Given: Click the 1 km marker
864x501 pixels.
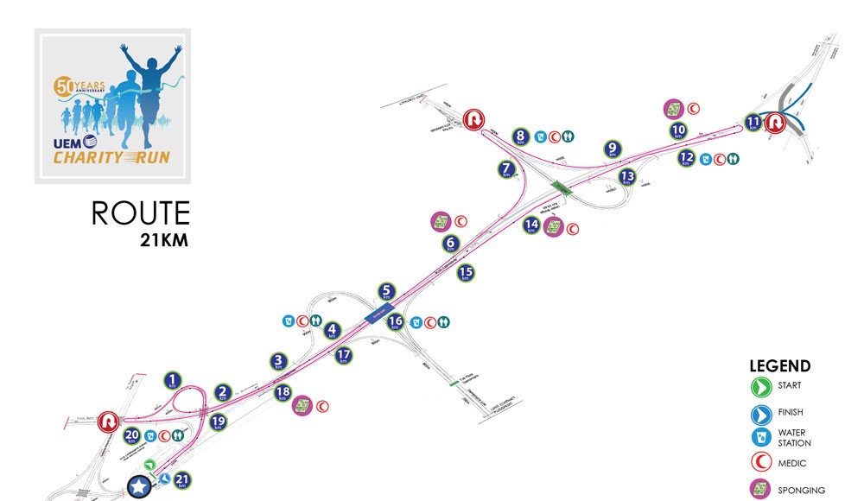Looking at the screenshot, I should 174,379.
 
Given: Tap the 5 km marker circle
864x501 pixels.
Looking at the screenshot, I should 386,292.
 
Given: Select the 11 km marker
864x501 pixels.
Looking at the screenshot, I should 753,122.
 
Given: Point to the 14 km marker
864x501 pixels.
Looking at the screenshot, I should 532,225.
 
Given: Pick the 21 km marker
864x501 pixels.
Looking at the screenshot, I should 181,480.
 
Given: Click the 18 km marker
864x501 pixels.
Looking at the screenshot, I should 282,393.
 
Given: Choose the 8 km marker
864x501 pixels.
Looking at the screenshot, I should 520,136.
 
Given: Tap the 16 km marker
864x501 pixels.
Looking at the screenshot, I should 395,322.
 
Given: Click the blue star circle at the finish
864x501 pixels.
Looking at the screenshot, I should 138,487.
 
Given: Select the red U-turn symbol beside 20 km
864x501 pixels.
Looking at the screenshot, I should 109,422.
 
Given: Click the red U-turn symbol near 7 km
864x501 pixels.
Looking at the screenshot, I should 472,120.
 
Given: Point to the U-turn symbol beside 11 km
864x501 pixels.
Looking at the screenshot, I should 774,123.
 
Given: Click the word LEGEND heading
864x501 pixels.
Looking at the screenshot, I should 779,365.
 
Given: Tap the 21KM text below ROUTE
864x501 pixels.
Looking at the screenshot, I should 163,239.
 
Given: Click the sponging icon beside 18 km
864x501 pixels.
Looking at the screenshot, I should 302,406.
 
